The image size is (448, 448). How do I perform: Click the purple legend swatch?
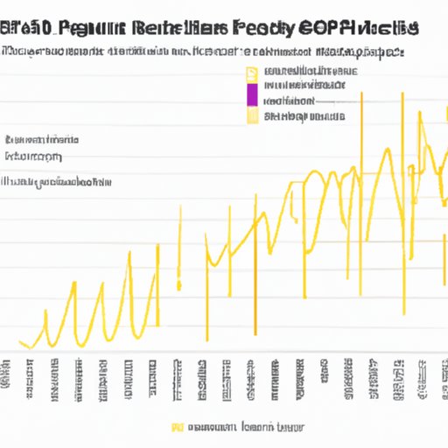(x=252, y=94)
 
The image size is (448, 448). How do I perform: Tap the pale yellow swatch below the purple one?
(x=252, y=114)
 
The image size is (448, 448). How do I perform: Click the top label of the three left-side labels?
(x=42, y=140)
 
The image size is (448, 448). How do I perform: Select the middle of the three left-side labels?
(x=35, y=157)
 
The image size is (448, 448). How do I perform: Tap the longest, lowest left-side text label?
(x=57, y=182)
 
